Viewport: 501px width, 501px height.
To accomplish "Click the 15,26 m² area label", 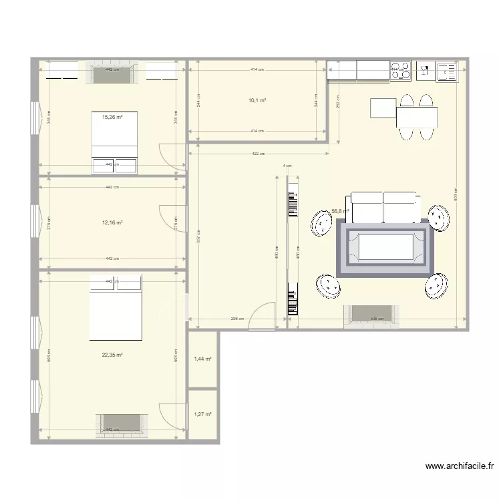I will pyautogui.click(x=112, y=117).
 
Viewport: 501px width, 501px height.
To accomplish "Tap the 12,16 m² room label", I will pyautogui.click(x=112, y=222).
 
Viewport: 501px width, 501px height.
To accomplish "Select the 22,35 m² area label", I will pyautogui.click(x=112, y=355).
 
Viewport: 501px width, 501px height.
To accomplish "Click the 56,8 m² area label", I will pyautogui.click(x=341, y=211).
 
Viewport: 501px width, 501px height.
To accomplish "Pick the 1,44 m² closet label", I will pyautogui.click(x=202, y=359).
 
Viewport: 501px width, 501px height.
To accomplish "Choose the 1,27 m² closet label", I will pyautogui.click(x=202, y=415).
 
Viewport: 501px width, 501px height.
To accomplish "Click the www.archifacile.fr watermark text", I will pyautogui.click(x=459, y=467).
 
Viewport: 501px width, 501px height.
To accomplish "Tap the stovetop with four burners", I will pyautogui.click(x=400, y=71).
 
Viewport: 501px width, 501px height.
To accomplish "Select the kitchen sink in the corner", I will pyautogui.click(x=447, y=71).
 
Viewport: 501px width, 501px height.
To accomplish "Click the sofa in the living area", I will pyautogui.click(x=383, y=207).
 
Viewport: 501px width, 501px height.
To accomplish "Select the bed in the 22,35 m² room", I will pyautogui.click(x=116, y=307).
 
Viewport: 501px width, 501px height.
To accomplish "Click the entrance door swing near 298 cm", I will pyautogui.click(x=263, y=317).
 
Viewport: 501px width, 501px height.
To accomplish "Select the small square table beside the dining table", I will pyautogui.click(x=383, y=108).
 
